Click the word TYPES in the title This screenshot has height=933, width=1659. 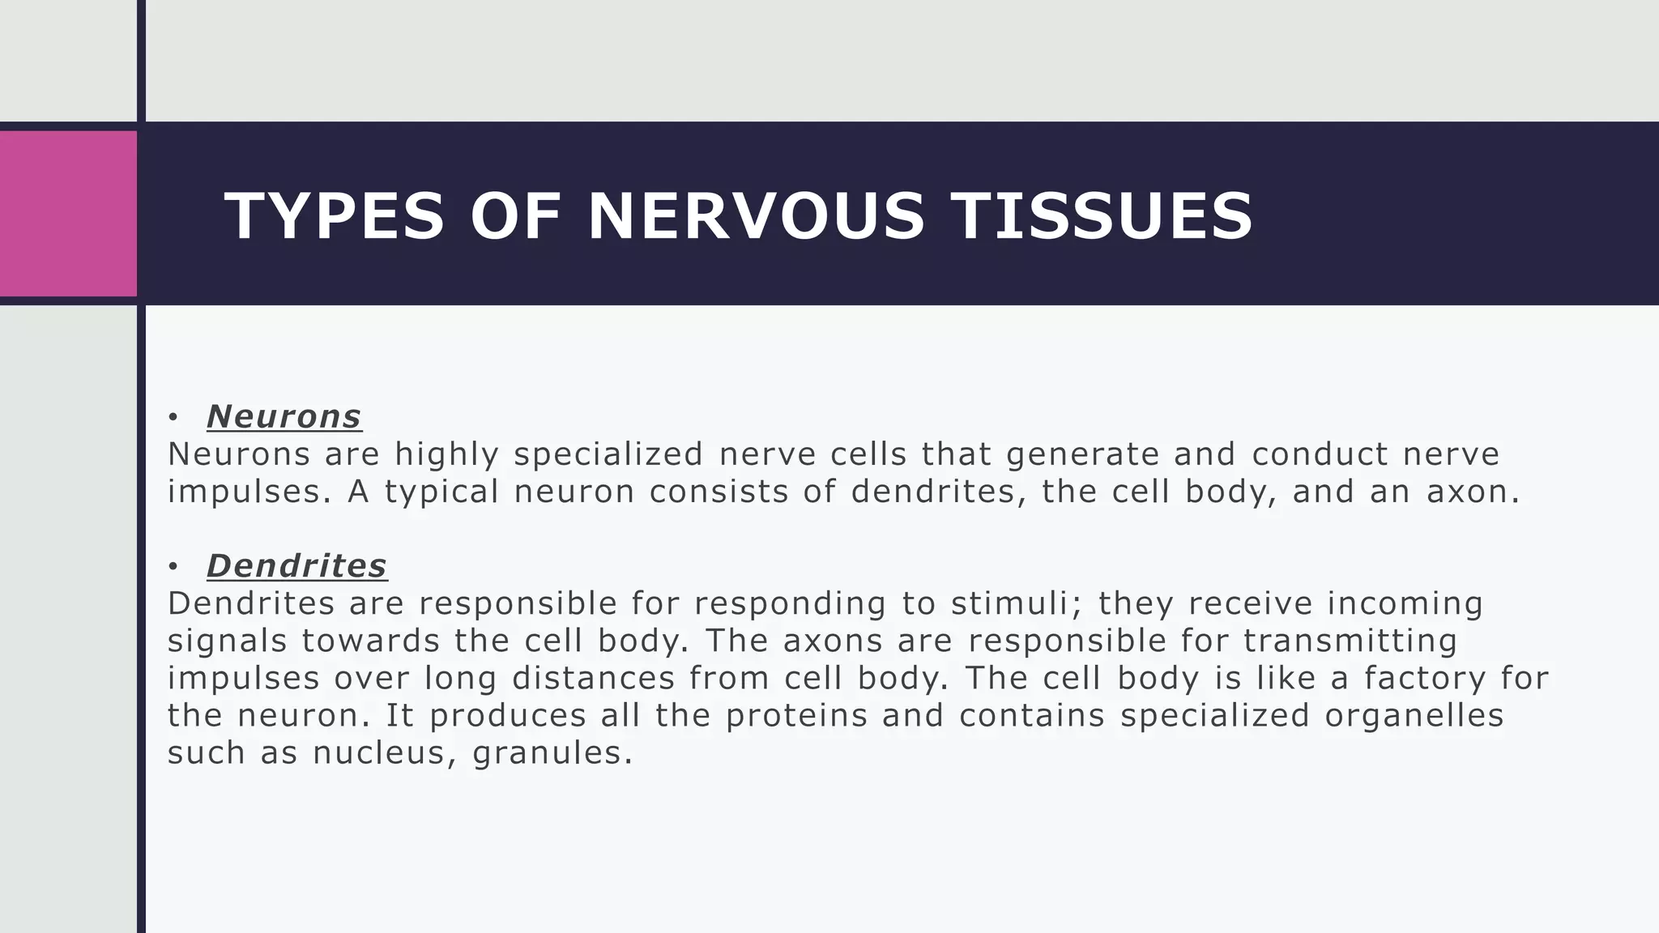tap(335, 216)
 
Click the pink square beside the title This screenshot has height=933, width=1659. tap(68, 213)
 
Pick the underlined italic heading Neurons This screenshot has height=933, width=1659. tap(284, 417)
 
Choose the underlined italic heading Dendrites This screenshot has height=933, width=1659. tap(296, 566)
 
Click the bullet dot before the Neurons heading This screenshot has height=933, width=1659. tap(173, 418)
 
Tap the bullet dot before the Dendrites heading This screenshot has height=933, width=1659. tap(173, 567)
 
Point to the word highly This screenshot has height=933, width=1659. tap(446, 454)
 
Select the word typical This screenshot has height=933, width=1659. tap(441, 492)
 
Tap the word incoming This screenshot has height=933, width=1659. tap(1405, 603)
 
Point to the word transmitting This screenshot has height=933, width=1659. tap(1350, 641)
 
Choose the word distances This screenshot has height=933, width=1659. tap(594, 678)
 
